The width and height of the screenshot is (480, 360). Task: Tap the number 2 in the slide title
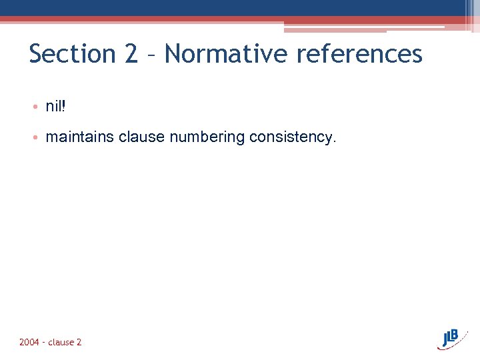coord(131,54)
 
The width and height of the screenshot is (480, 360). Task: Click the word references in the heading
coord(360,54)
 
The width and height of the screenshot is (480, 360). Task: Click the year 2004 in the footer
coord(29,342)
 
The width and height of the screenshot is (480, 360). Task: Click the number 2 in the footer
coord(79,342)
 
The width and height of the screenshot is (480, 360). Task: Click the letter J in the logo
coord(444,339)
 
